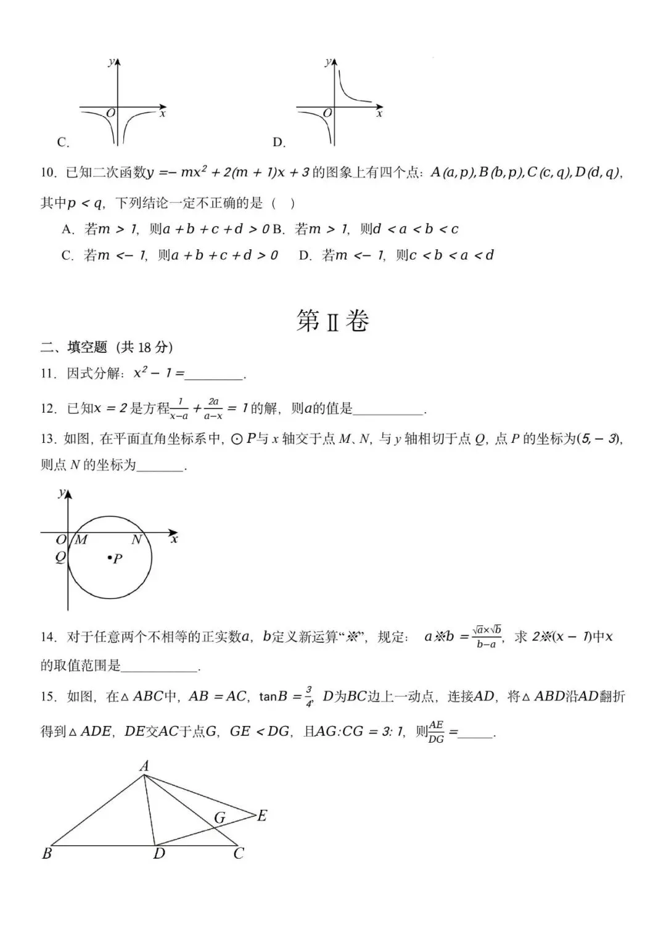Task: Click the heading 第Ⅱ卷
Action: [x=332, y=321]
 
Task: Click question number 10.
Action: [x=49, y=173]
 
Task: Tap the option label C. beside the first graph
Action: [x=63, y=143]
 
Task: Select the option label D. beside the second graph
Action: [x=279, y=143]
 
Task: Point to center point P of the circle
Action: [x=110, y=558]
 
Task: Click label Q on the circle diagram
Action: [x=60, y=557]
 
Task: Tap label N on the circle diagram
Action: [x=136, y=540]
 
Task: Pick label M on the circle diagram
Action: [x=81, y=540]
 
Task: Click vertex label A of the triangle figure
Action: [x=144, y=766]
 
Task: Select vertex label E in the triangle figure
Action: [x=262, y=816]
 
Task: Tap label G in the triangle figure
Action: [x=220, y=818]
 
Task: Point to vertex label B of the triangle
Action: [x=47, y=854]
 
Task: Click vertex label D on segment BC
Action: [x=159, y=854]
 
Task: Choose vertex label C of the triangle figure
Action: [x=239, y=854]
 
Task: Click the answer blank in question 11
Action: [x=215, y=374]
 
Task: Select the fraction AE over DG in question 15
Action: [x=436, y=732]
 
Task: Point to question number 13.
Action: [x=49, y=439]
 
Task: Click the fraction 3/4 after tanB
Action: [x=309, y=695]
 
